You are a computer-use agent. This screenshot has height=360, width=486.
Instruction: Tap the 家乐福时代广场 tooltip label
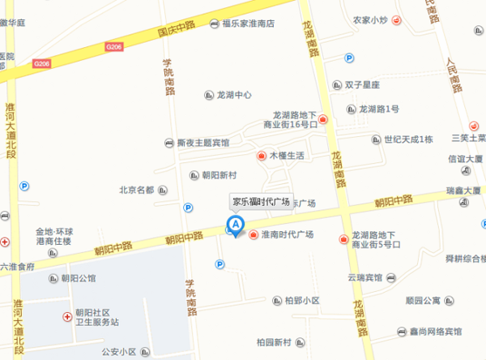coord(261,203)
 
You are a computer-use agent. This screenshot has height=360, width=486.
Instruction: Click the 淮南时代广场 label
coord(288,235)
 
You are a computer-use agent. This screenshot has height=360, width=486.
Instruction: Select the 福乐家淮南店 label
coord(248,24)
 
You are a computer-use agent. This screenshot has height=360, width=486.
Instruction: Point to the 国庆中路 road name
coord(176,30)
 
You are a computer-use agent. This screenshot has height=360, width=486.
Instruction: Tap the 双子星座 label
coord(369,84)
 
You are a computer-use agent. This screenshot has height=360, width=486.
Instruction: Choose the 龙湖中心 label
coord(235,95)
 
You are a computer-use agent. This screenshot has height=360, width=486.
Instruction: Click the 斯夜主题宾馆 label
coord(203,144)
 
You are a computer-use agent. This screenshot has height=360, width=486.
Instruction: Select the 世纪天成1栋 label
coord(408,139)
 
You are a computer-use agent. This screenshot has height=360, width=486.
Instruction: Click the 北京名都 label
coord(136,191)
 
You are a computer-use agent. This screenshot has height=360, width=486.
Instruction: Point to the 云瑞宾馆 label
coord(365,277)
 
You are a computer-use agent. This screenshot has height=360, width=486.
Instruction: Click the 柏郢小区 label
coord(301,301)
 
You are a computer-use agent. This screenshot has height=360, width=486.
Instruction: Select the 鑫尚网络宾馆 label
coord(435,332)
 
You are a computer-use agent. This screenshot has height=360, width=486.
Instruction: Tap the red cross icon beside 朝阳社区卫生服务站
coord(66,316)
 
